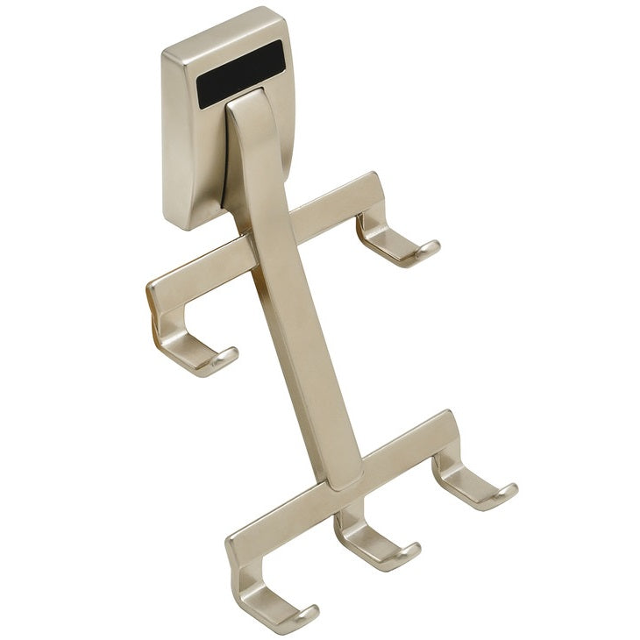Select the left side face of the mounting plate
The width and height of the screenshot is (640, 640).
(x=174, y=140)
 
